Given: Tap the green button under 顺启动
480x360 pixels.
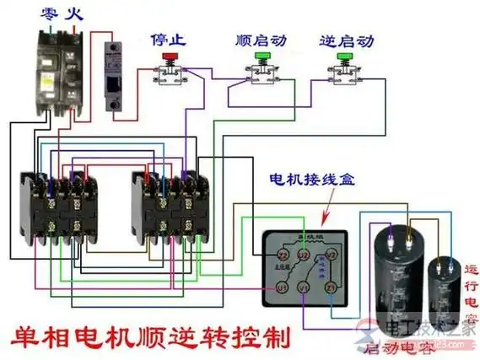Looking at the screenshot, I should [x=262, y=57].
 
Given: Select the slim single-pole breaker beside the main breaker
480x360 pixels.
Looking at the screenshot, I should [x=115, y=77].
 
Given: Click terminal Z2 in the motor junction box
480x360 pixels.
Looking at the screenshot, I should [x=283, y=254].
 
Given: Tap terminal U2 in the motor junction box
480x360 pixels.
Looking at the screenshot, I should [x=307, y=254].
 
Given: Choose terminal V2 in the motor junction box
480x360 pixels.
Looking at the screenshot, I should [x=332, y=254].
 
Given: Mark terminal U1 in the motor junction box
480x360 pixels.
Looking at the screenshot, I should [x=283, y=288].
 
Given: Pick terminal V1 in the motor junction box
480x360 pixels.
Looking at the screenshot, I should [x=305, y=288].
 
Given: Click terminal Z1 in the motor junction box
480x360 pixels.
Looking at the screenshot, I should [x=331, y=288].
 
